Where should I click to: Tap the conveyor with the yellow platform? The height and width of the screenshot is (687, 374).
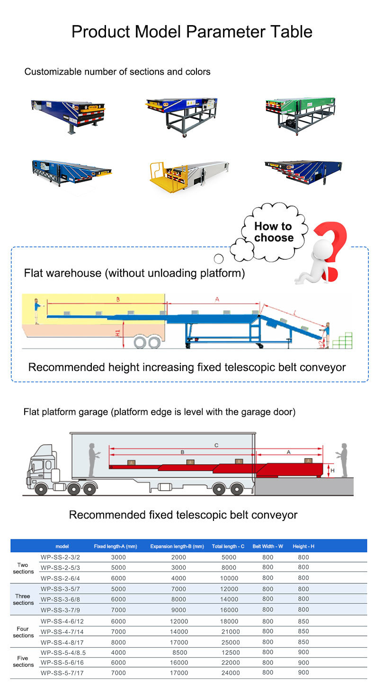coord(189,176)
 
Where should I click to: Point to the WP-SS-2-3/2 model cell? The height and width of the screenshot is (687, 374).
coord(60,557)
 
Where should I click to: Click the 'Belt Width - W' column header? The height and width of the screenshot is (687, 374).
coord(267,546)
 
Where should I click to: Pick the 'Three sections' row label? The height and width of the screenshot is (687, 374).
coord(23,599)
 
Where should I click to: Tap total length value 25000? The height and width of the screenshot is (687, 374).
coord(231,642)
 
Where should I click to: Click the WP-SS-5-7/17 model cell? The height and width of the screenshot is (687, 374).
coord(62,673)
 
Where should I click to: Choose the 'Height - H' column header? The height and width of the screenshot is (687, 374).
coord(303,546)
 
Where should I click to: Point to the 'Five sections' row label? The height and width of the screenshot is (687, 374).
coord(23,661)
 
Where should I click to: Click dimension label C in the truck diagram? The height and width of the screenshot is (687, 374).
coord(216,445)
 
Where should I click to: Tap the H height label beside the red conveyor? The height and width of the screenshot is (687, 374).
coord(333,470)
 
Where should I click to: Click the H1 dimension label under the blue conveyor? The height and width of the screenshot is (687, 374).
coord(118,333)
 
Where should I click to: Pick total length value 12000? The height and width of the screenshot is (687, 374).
coord(229,589)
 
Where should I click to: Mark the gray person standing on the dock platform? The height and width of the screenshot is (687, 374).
coord(343,460)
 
